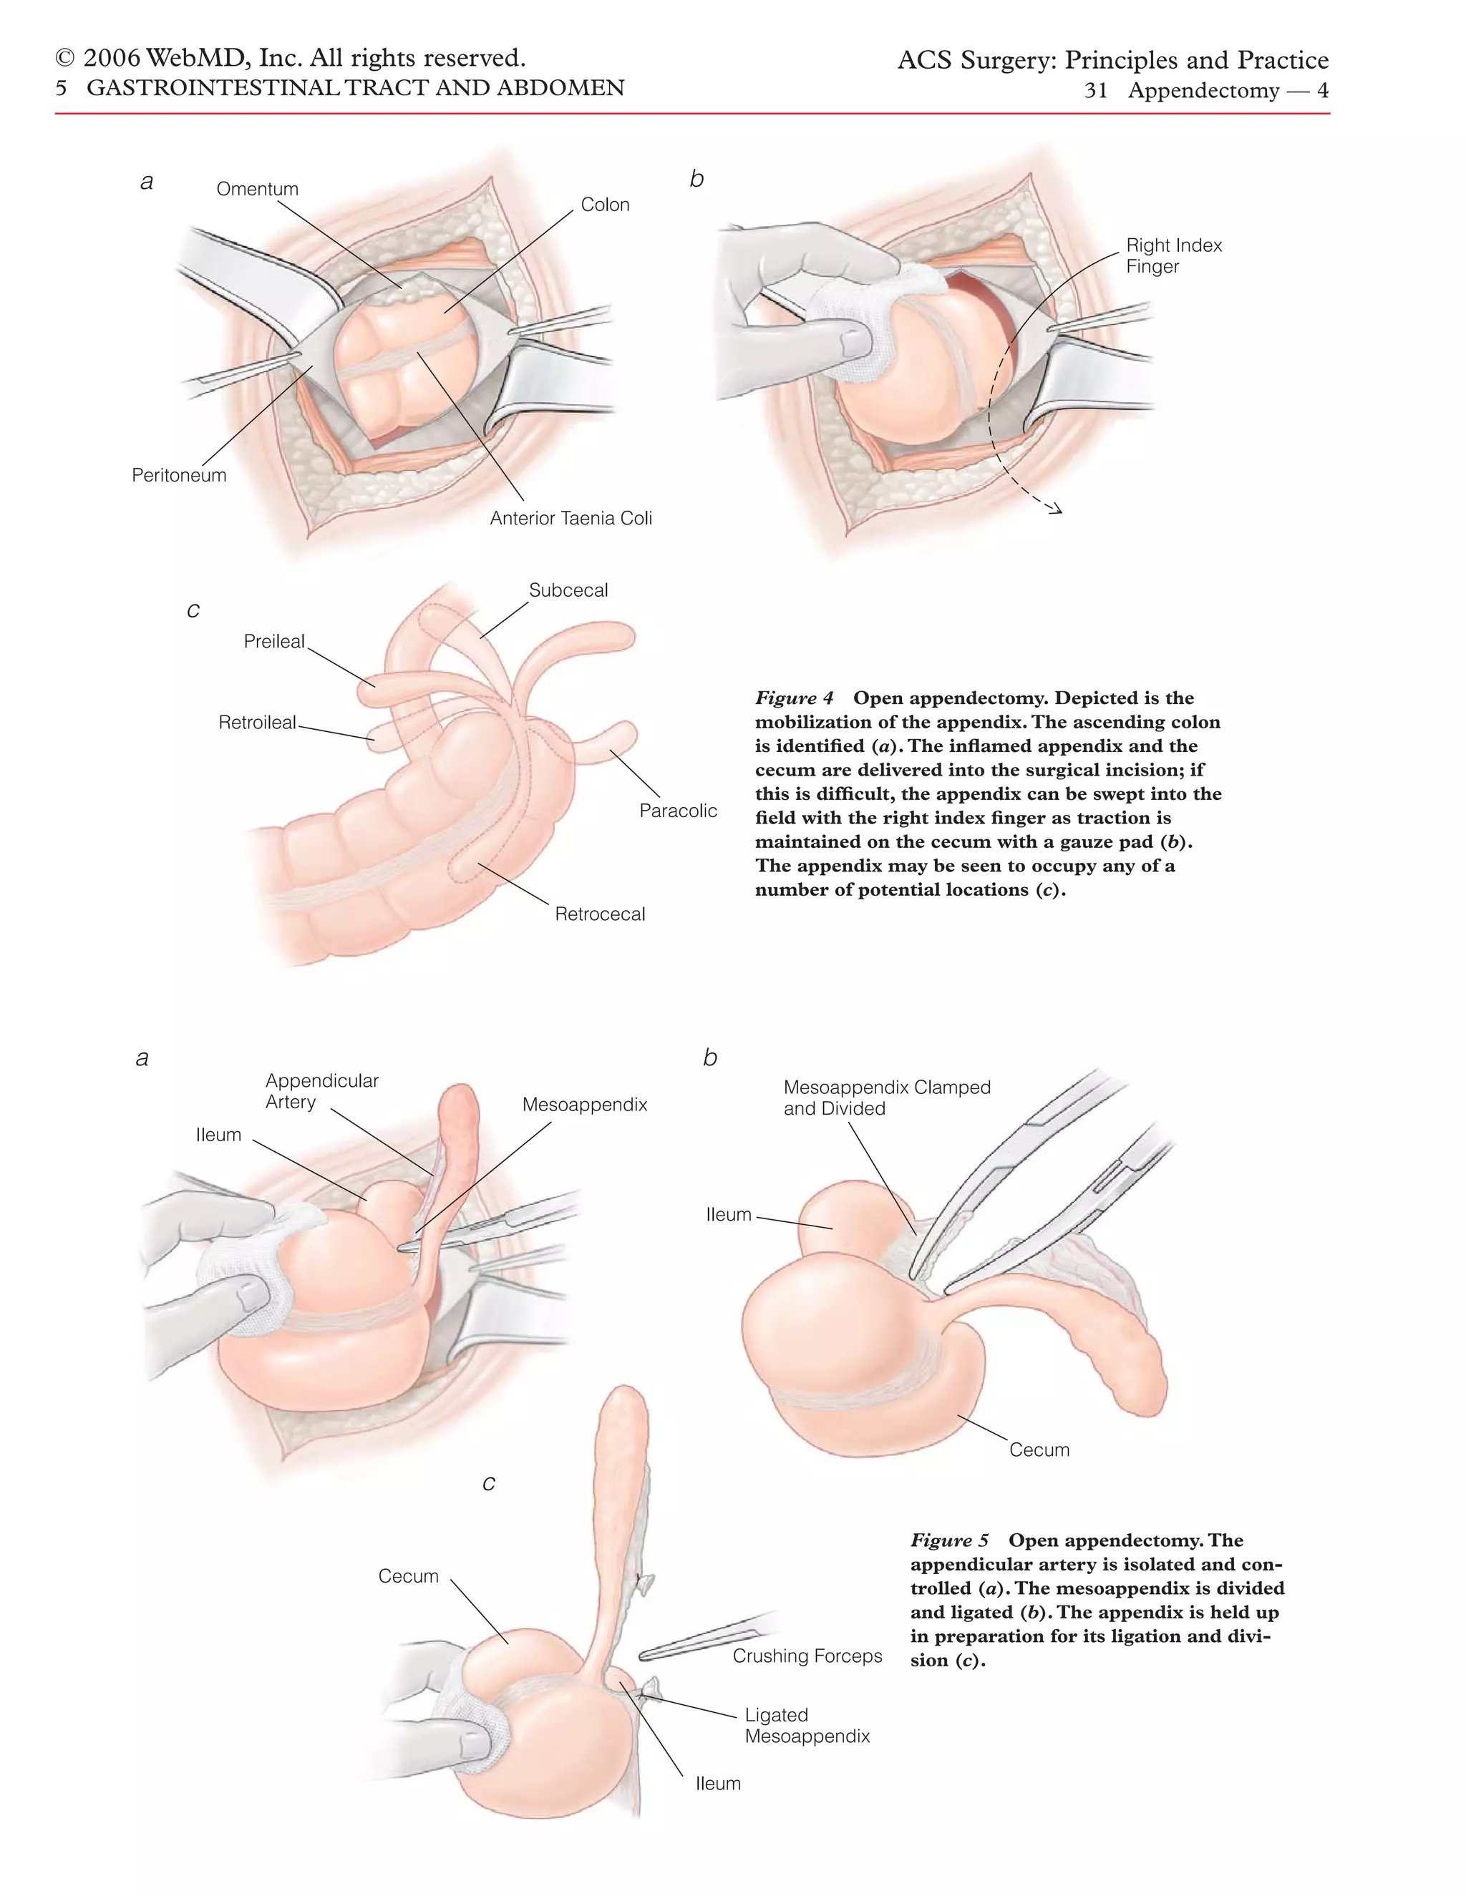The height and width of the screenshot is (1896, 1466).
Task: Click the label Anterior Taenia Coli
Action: [x=571, y=518]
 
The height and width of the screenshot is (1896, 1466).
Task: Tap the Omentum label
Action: [x=257, y=190]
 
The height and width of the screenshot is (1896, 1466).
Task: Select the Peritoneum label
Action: [x=179, y=476]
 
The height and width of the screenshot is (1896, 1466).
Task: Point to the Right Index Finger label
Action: [x=1173, y=256]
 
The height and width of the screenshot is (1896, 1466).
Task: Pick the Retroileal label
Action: [x=257, y=723]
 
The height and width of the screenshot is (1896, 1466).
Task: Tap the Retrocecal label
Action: [x=600, y=914]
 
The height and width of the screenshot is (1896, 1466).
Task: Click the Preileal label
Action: [x=274, y=642]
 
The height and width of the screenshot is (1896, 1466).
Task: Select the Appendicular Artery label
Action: [x=321, y=1091]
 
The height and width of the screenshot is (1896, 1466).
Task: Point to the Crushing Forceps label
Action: [x=807, y=1656]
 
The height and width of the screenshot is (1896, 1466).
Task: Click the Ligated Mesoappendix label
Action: [x=807, y=1725]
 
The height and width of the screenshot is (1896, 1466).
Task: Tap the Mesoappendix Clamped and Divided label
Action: [x=887, y=1098]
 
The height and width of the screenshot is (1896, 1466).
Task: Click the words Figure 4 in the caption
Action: [x=794, y=699]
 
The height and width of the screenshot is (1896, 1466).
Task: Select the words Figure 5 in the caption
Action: [x=949, y=1541]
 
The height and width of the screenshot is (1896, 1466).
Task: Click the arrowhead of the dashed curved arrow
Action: [x=1056, y=509]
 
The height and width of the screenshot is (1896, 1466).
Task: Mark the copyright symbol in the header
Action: [x=64, y=59]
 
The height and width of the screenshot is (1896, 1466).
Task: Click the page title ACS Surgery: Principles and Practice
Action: [x=1112, y=60]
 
